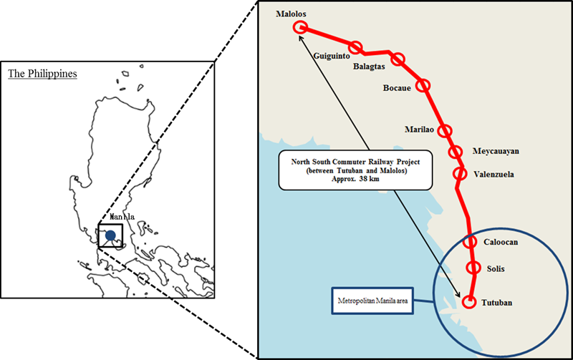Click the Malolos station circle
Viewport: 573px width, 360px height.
[300, 28]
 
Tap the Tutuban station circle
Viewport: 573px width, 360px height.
[470, 302]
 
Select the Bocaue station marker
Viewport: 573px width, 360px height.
[424, 85]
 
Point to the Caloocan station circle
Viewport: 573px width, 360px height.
[470, 241]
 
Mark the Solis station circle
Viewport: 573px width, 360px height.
[473, 268]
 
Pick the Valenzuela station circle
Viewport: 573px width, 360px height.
[460, 173]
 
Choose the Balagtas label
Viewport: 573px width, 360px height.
[370, 68]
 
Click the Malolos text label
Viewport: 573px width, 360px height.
[292, 14]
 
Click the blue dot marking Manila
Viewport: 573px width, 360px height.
[110, 235]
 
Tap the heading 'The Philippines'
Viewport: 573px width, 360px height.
[42, 74]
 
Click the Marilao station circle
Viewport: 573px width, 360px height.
[446, 131]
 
